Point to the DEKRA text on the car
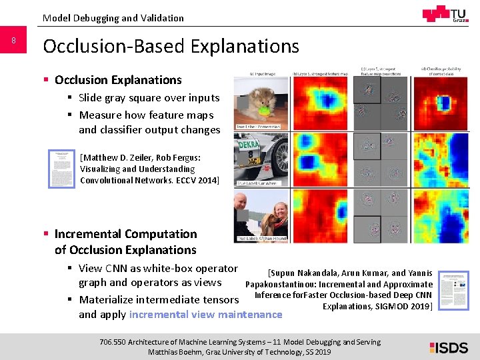pos(251,142)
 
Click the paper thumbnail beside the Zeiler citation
pos(62,168)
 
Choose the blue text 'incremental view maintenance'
pos(205,314)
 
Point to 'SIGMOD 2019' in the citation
pos(408,306)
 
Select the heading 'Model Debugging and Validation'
pos(113,18)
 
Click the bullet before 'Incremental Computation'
pos(46,234)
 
